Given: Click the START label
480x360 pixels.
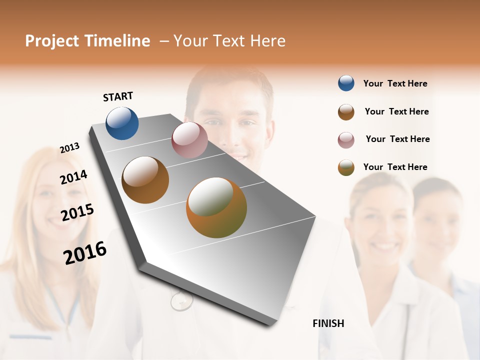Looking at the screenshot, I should pyautogui.click(x=118, y=96).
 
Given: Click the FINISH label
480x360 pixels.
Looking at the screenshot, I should pyautogui.click(x=328, y=323).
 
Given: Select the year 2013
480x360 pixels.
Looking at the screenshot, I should pyautogui.click(x=69, y=148).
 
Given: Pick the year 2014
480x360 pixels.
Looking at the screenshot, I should pyautogui.click(x=73, y=177).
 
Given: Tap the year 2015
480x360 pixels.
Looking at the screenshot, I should pyautogui.click(x=77, y=212).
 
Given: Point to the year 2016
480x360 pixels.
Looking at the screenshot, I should pyautogui.click(x=85, y=252).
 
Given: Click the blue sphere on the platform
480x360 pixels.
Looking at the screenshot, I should pyautogui.click(x=122, y=123).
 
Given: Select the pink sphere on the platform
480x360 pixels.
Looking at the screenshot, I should pyautogui.click(x=189, y=140).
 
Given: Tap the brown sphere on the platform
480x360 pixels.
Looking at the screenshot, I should pyautogui.click(x=145, y=179).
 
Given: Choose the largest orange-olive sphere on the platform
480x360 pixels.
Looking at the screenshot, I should pyautogui.click(x=216, y=207).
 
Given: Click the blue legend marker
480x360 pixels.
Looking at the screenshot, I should pyautogui.click(x=346, y=83).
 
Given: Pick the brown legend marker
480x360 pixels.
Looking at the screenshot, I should pyautogui.click(x=346, y=112).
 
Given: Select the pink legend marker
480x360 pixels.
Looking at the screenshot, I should pyautogui.click(x=346, y=140).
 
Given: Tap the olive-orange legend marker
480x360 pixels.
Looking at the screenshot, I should pyautogui.click(x=346, y=167).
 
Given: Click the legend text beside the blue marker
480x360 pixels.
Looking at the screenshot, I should pyautogui.click(x=395, y=83).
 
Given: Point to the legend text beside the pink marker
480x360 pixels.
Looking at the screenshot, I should pyautogui.click(x=397, y=139).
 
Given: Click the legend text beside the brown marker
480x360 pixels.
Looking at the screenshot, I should pyautogui.click(x=396, y=111).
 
